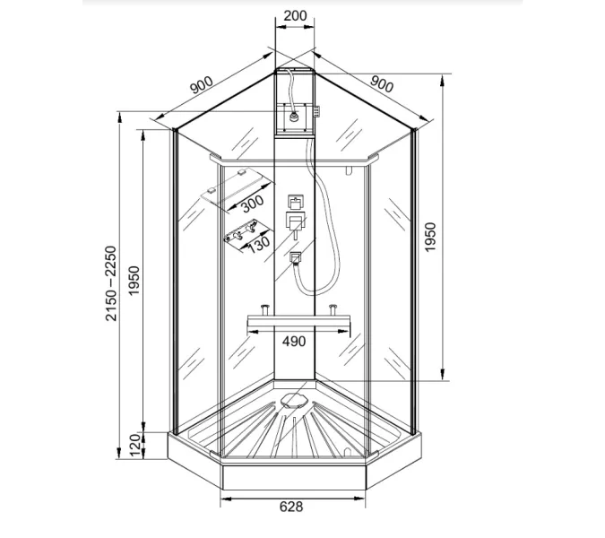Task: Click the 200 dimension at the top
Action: [x=294, y=16]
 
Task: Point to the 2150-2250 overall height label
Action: [x=110, y=285]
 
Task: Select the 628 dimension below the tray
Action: [x=291, y=507]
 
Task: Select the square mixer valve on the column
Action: [x=294, y=221]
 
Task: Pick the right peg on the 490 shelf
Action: [x=333, y=310]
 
